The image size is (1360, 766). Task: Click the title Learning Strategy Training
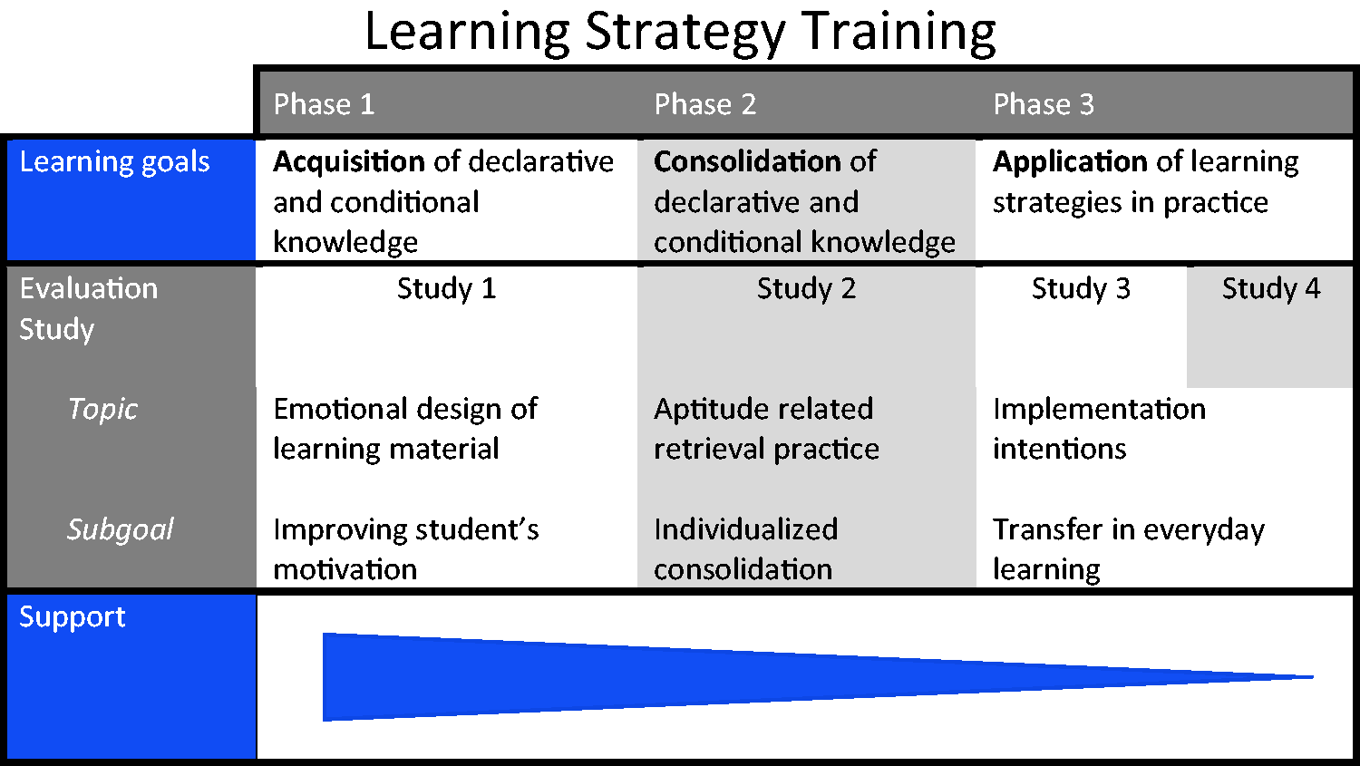(x=680, y=33)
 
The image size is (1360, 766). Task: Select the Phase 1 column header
(x=324, y=103)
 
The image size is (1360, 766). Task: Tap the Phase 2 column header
(x=704, y=103)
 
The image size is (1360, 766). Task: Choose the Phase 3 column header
(x=1044, y=103)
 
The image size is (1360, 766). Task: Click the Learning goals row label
(x=115, y=162)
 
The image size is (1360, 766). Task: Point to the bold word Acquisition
(x=349, y=162)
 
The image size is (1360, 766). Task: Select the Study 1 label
(x=446, y=289)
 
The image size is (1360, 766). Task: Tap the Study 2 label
(x=806, y=289)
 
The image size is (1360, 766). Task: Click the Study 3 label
(x=1081, y=289)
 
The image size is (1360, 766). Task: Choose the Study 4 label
(x=1271, y=288)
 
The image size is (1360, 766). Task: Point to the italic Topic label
(x=102, y=410)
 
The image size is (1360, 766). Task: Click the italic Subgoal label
(x=121, y=530)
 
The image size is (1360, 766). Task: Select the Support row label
(x=73, y=618)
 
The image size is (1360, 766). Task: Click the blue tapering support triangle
(x=607, y=677)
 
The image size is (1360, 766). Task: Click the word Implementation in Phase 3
(x=1100, y=410)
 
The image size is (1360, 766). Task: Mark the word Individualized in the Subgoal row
(x=746, y=529)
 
